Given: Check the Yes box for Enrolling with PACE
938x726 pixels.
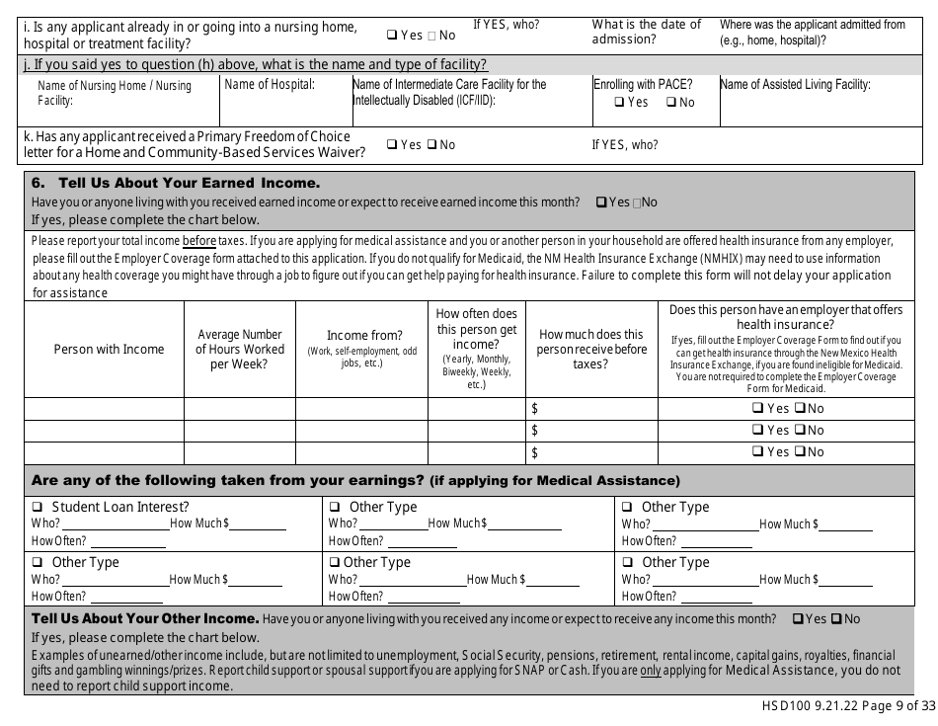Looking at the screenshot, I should tap(619, 102).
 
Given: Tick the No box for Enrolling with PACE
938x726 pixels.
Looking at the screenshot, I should tap(671, 102).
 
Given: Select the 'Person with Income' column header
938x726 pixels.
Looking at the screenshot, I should tap(103, 349).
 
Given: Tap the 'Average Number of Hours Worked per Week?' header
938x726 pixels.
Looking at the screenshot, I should tap(239, 349).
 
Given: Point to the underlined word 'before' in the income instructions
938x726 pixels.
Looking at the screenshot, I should tap(199, 240).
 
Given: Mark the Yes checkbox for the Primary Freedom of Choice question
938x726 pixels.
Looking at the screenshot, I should tap(391, 145).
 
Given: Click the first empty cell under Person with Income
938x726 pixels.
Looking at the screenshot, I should tap(103, 408).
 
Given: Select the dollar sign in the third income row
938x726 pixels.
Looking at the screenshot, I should tap(535, 452).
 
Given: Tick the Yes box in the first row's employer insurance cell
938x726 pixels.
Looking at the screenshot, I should tap(757, 408).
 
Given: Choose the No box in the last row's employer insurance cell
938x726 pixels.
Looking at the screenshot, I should tap(800, 452).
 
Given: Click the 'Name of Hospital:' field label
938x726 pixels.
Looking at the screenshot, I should tap(270, 85).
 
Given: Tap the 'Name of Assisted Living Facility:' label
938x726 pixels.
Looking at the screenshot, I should tap(795, 85).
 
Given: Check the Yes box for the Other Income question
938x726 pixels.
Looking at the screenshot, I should tap(798, 619).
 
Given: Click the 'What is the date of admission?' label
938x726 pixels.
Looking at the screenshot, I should tap(647, 32).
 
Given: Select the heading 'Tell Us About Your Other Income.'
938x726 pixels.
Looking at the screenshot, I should tap(145, 619).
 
